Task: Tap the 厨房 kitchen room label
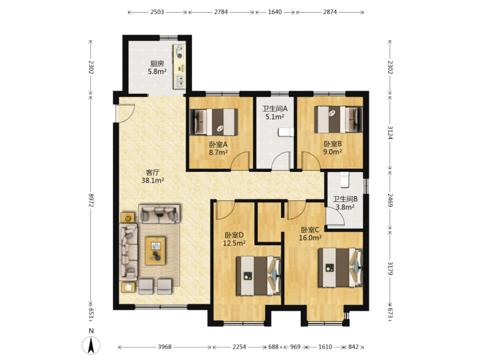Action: [x=157, y=64]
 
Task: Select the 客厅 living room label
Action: [x=153, y=172]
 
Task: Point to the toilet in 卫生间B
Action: [x=345, y=180]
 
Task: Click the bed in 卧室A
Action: [x=214, y=122]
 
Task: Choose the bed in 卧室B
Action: [x=339, y=119]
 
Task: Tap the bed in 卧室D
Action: [x=258, y=276]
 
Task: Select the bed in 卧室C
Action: [x=340, y=268]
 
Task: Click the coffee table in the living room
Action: [x=155, y=251]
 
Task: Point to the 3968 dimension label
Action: [x=165, y=347]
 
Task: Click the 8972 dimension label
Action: [x=91, y=200]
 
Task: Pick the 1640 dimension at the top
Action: [x=275, y=12]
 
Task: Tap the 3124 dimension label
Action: [x=390, y=133]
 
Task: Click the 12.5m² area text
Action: [x=234, y=244]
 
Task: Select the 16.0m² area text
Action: [x=310, y=238]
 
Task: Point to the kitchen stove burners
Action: [x=179, y=52]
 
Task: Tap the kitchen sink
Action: [x=180, y=81]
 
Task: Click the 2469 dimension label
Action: [x=390, y=200]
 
